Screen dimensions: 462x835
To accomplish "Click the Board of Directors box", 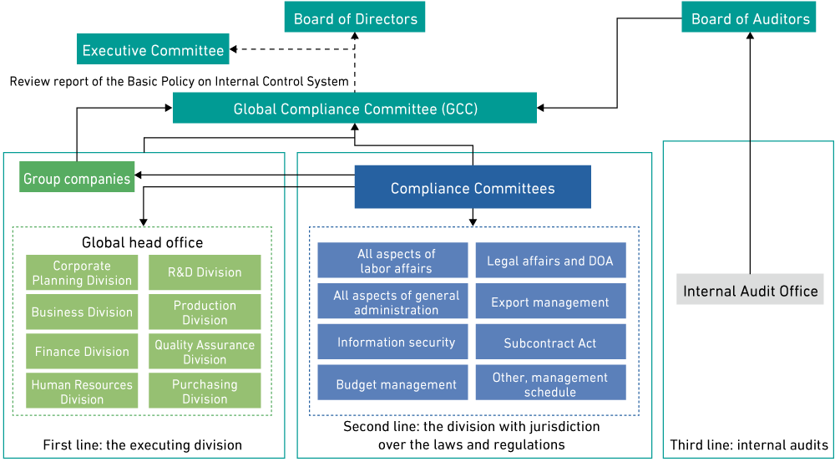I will click(x=355, y=18).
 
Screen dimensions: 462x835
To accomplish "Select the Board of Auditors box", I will click(x=750, y=18).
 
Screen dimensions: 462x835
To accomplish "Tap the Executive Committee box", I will click(x=153, y=49).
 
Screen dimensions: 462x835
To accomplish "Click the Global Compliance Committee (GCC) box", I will click(x=355, y=109).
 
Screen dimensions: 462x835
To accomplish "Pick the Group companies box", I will click(x=77, y=177).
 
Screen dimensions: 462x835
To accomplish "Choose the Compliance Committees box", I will click(x=473, y=187).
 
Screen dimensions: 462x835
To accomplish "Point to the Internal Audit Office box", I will click(x=750, y=290).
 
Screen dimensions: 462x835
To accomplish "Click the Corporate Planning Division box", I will click(x=82, y=273).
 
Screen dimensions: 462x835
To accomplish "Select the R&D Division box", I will click(x=205, y=272).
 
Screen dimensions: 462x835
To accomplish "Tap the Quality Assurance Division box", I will click(x=205, y=352).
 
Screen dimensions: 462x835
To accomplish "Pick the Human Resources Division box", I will click(x=82, y=391).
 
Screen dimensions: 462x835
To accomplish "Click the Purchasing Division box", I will click(x=205, y=391).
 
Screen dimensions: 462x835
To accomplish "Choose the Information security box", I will click(x=396, y=342).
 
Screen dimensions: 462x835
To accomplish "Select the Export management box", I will click(x=550, y=302).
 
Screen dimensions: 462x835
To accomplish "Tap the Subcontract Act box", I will click(x=550, y=342).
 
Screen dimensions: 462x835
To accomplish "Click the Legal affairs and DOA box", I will click(x=550, y=261).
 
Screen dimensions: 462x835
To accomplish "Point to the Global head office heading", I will click(x=142, y=242).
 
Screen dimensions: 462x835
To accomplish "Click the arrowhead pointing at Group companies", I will click(x=139, y=175).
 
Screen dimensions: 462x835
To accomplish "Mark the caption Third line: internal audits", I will click(x=749, y=444).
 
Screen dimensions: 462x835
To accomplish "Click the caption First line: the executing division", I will click(x=143, y=444).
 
